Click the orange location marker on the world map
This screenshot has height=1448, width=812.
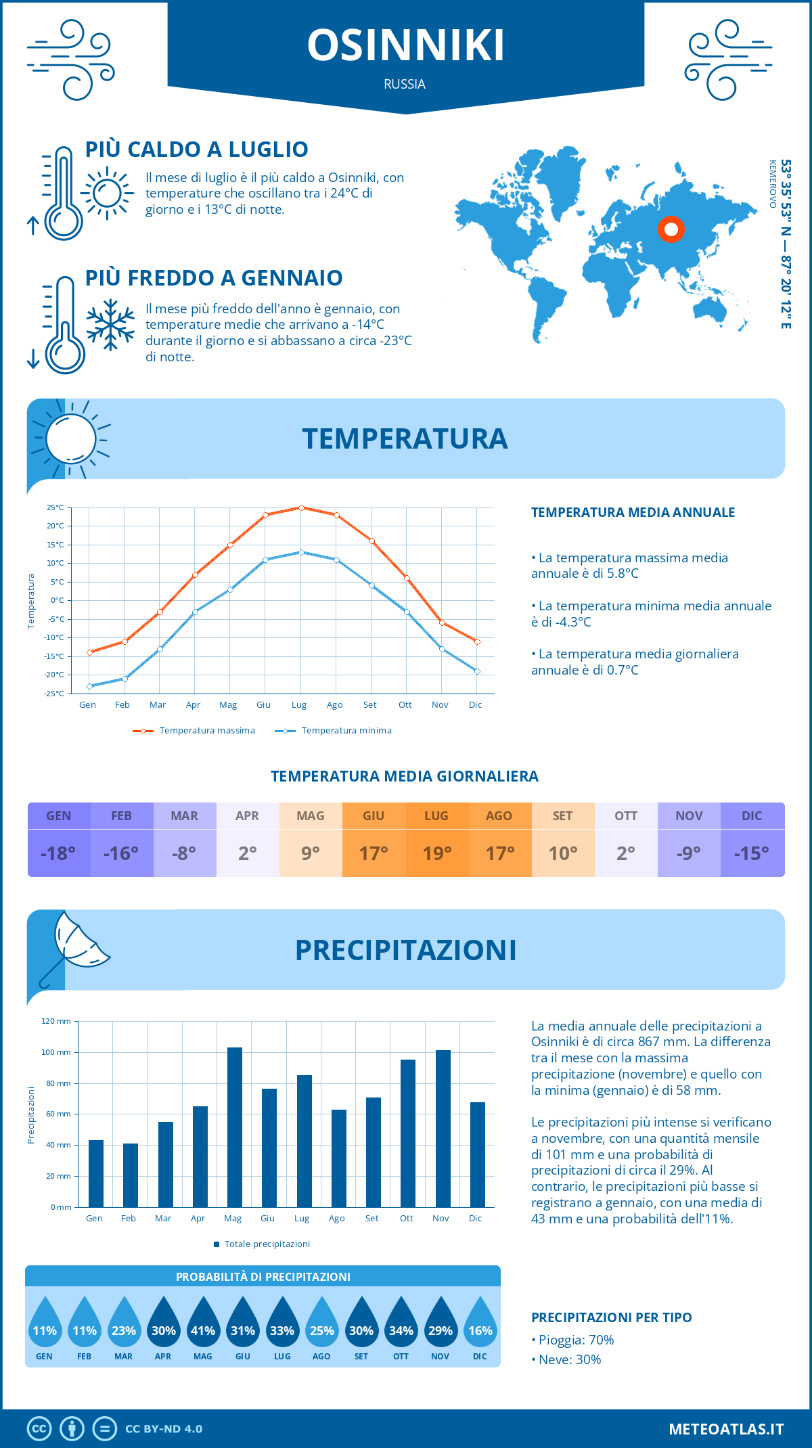pyautogui.click(x=671, y=229)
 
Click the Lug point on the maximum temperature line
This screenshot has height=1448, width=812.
pyautogui.click(x=301, y=507)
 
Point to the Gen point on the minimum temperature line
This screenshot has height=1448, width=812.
pyautogui.click(x=89, y=686)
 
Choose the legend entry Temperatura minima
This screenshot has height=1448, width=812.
pyautogui.click(x=346, y=731)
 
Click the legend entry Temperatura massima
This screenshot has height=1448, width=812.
pyautogui.click(x=206, y=731)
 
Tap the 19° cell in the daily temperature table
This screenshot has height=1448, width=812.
pyautogui.click(x=436, y=853)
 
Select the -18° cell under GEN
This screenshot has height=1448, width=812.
pyautogui.click(x=58, y=853)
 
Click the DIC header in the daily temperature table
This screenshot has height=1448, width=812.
pyautogui.click(x=752, y=816)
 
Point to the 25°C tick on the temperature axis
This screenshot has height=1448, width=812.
pyautogui.click(x=55, y=507)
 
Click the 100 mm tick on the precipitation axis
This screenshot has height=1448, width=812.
pyautogui.click(x=56, y=1052)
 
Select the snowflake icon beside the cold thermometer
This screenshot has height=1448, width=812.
pyautogui.click(x=110, y=325)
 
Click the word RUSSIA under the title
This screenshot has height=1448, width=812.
pyautogui.click(x=405, y=85)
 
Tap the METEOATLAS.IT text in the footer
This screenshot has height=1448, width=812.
pyautogui.click(x=726, y=1429)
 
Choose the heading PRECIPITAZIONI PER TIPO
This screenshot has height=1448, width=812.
pyautogui.click(x=611, y=1317)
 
